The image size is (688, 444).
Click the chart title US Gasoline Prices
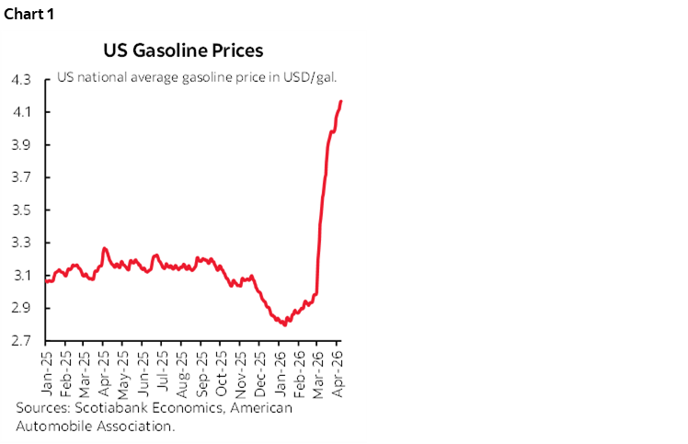pos(185,51)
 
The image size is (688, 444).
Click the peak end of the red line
pos(341,101)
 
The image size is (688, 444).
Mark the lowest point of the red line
pos(284,324)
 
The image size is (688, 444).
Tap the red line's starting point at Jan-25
pos(47,281)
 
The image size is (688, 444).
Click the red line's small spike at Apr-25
pos(104,248)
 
